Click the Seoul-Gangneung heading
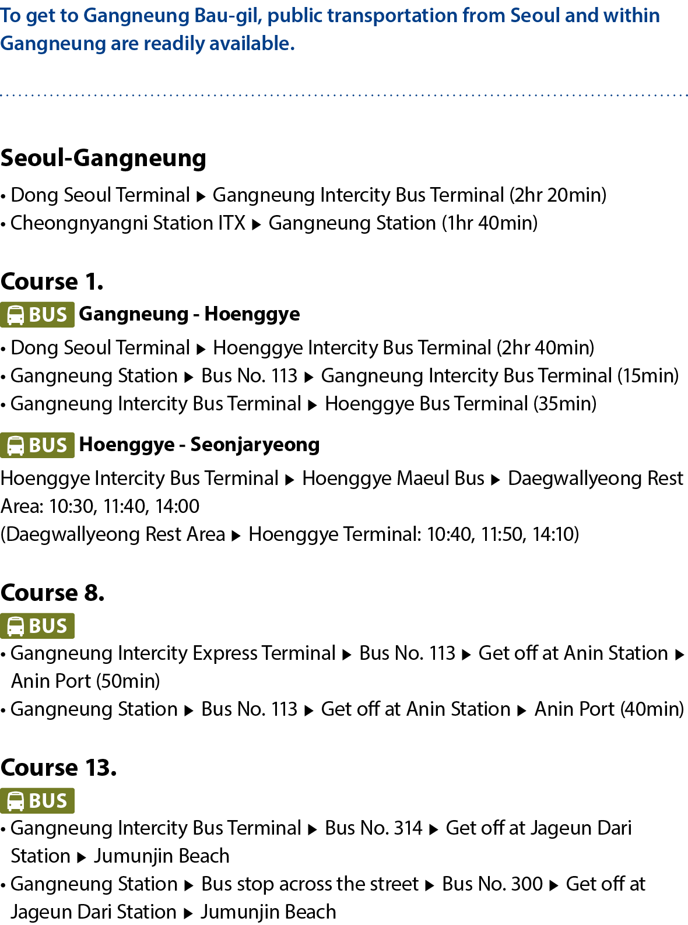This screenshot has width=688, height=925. [103, 159]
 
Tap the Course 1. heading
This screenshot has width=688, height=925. [52, 282]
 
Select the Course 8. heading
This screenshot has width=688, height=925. [52, 593]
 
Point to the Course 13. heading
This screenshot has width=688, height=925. [58, 768]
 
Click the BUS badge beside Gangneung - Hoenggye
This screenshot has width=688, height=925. [37, 315]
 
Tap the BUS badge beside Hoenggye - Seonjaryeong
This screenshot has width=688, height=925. [37, 445]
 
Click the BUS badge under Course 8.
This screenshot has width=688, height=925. [37, 626]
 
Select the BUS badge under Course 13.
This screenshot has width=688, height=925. [37, 801]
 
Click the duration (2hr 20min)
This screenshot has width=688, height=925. [558, 195]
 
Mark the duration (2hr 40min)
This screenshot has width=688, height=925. [546, 348]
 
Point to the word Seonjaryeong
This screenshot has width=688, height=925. [255, 445]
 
